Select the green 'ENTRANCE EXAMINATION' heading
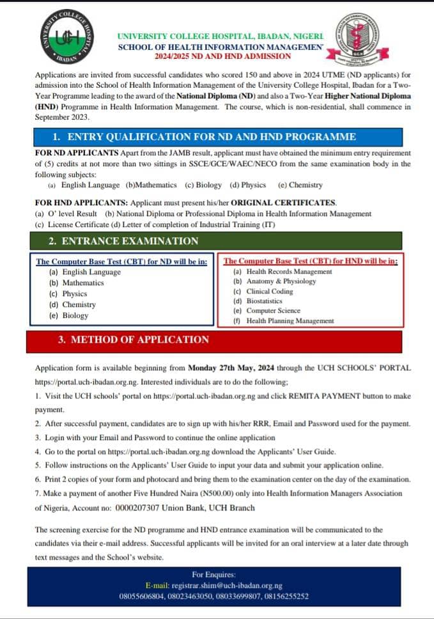123,241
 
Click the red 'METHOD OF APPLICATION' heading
133,340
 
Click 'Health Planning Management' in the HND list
290,321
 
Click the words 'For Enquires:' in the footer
217,575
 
